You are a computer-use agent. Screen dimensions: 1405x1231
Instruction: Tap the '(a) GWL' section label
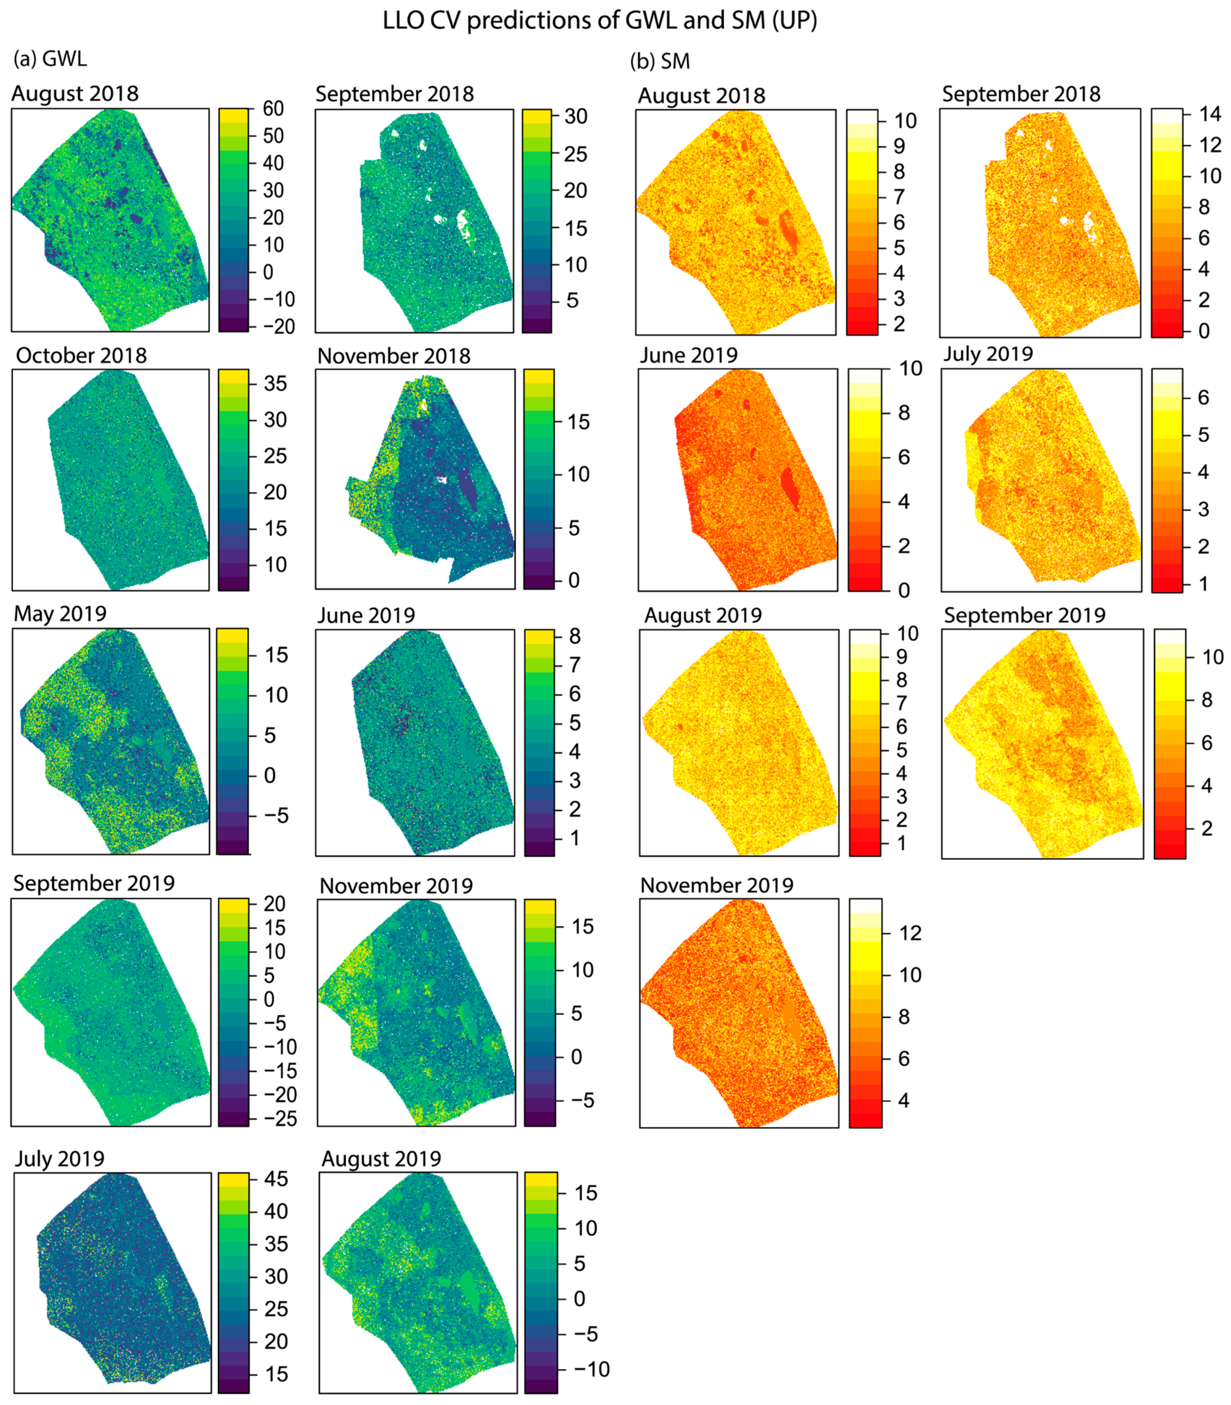(50, 59)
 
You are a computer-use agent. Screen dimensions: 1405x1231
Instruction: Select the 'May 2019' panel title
(61, 614)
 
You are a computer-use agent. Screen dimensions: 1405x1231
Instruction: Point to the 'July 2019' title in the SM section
(987, 354)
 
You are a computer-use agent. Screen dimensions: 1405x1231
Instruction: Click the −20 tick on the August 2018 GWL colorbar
(278, 326)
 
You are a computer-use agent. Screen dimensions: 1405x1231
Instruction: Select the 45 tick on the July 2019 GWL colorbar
(276, 1179)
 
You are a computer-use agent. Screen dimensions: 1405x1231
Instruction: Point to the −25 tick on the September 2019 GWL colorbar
(281, 1118)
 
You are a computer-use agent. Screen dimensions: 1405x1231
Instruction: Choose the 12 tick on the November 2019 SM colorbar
(910, 933)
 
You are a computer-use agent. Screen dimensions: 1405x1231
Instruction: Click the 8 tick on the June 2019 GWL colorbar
(574, 636)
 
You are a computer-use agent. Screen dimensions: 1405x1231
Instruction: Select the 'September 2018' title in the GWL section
(394, 94)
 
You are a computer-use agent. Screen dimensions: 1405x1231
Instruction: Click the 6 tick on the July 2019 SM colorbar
(1203, 397)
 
